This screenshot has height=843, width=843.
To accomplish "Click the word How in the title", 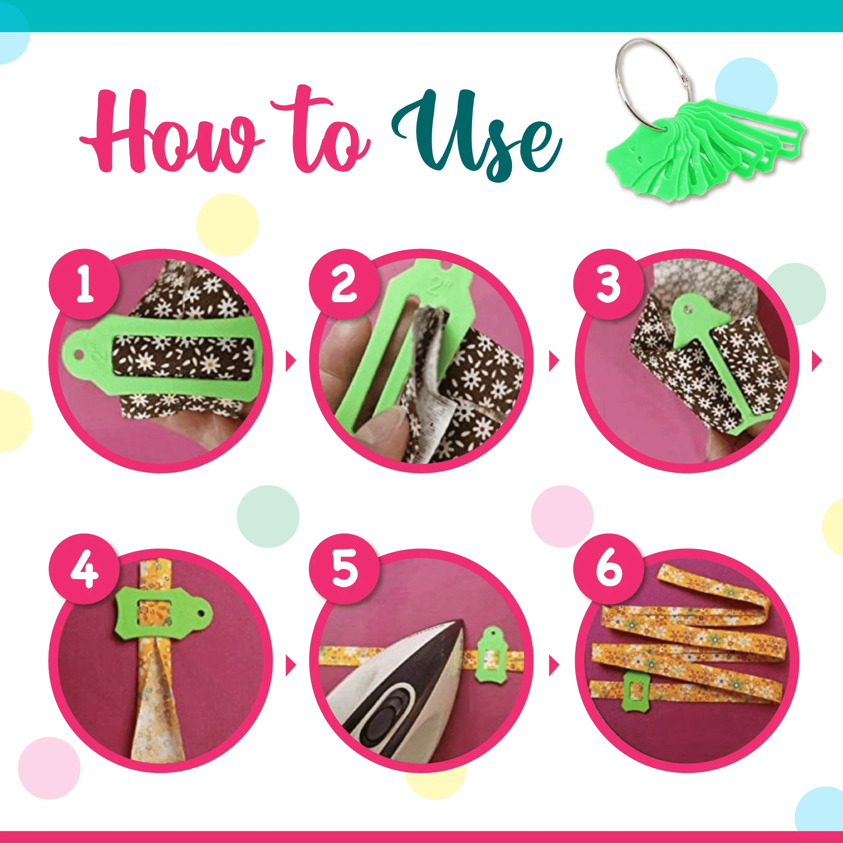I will click(172, 133).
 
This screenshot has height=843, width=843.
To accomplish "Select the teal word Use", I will click(475, 135).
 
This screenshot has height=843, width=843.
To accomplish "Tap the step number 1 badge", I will click(84, 284).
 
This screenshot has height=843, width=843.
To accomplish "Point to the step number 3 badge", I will click(608, 284).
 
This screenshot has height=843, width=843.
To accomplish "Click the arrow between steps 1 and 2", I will click(291, 362).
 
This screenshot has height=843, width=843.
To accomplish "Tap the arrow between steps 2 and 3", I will click(554, 362).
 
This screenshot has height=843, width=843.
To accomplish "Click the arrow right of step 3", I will click(817, 362).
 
